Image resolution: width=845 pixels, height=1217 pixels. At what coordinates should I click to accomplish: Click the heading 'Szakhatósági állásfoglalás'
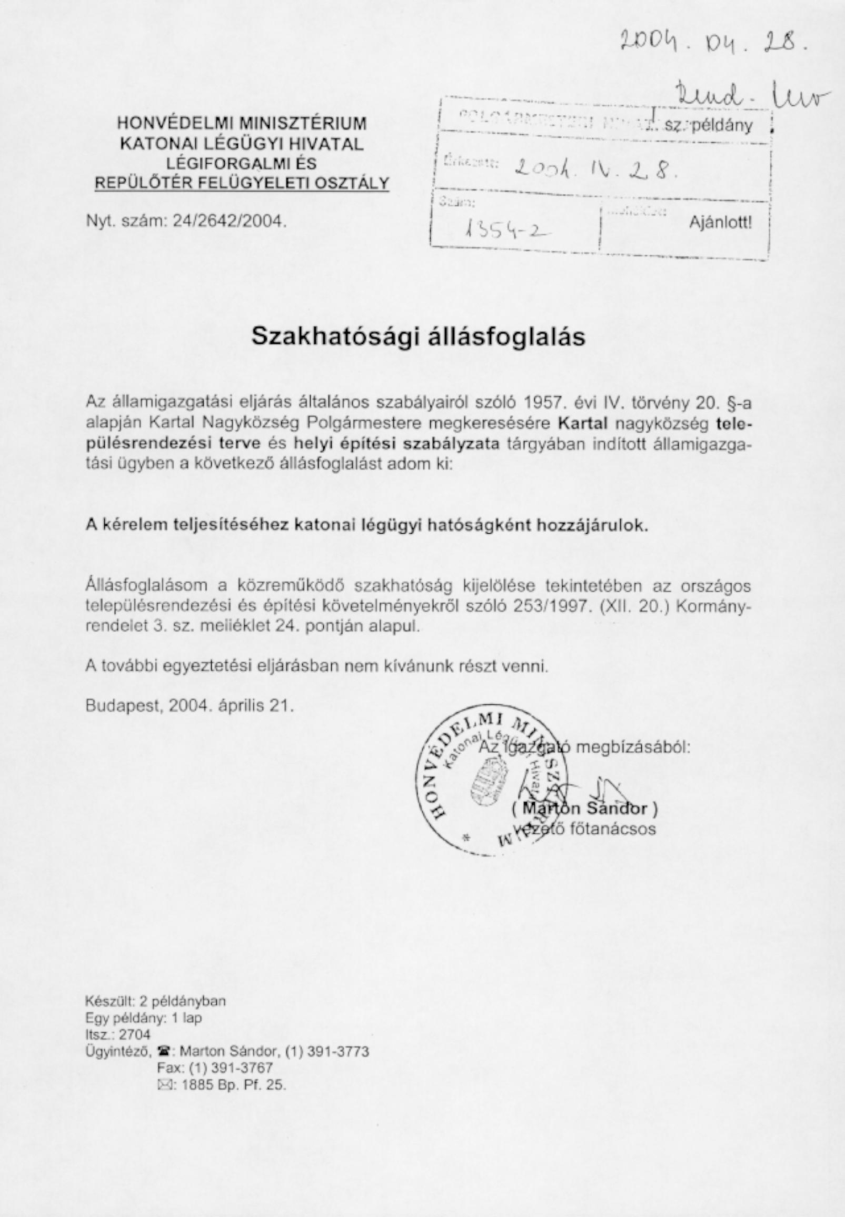click(418, 336)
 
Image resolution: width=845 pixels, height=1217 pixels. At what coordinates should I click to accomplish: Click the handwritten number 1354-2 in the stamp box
click(505, 228)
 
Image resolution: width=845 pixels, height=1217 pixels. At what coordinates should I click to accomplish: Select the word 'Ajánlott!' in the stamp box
click(720, 222)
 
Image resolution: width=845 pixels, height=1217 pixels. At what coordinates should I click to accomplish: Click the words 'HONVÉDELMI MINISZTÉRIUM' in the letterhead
click(242, 123)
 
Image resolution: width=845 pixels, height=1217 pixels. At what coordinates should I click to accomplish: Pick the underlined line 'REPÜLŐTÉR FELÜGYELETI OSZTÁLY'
click(242, 183)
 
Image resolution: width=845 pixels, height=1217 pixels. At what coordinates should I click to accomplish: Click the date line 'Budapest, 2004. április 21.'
click(190, 706)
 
